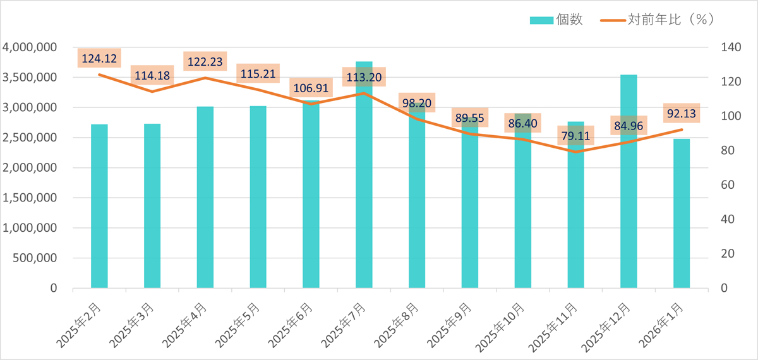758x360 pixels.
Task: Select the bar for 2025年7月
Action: click(x=364, y=189)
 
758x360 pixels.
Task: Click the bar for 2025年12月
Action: click(x=629, y=189)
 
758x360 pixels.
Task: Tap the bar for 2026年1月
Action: click(x=682, y=215)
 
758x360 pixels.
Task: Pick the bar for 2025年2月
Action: click(x=99, y=208)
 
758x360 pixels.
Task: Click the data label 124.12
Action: click(x=99, y=59)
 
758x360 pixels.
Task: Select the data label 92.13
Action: click(x=682, y=114)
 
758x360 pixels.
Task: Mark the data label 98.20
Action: click(x=417, y=102)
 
